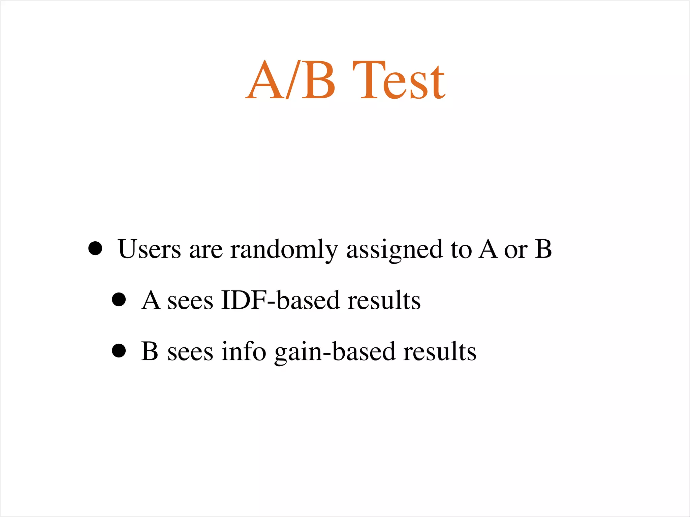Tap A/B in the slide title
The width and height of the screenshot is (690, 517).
(290, 81)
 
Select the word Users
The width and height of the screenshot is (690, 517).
(150, 249)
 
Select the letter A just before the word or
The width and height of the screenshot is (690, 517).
(489, 249)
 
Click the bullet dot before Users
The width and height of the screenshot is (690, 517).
(95, 249)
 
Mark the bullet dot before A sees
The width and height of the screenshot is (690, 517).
(119, 300)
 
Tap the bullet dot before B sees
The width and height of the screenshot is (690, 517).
(119, 351)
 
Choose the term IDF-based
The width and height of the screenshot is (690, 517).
(280, 300)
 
